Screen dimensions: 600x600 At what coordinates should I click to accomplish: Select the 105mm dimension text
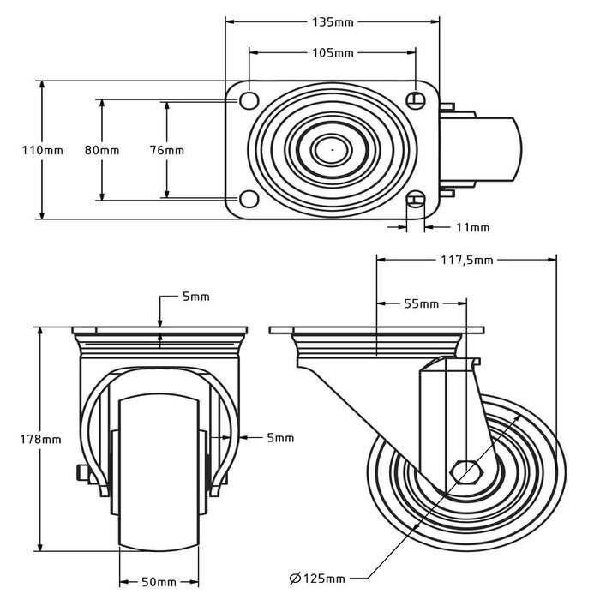click(x=332, y=53)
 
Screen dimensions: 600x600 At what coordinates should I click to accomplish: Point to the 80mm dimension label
click(x=102, y=150)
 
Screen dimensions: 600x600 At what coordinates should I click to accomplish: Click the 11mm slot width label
click(x=472, y=227)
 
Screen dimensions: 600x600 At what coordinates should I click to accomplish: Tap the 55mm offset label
click(x=422, y=303)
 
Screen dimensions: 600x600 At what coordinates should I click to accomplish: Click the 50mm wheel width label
click(x=159, y=583)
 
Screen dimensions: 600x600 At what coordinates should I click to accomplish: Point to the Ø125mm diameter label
click(x=318, y=579)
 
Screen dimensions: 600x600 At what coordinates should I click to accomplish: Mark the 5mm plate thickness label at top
click(x=195, y=297)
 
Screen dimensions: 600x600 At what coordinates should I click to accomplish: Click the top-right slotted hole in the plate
click(x=416, y=99)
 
